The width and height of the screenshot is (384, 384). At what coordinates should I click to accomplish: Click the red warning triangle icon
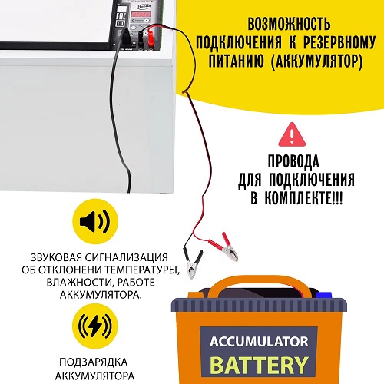click(292, 134)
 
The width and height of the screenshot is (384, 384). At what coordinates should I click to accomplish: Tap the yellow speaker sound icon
click(95, 221)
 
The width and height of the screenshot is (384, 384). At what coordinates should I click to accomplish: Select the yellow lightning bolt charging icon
click(95, 326)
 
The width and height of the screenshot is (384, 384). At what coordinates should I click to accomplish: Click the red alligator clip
click(225, 247)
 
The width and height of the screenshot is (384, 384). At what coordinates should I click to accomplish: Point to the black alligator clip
click(193, 263)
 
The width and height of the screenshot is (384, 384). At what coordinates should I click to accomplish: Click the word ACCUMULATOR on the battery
click(259, 342)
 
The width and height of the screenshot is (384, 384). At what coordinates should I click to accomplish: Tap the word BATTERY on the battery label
click(259, 365)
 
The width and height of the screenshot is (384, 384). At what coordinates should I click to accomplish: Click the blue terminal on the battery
click(324, 295)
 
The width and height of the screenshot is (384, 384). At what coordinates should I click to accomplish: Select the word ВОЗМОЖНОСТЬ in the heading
click(289, 24)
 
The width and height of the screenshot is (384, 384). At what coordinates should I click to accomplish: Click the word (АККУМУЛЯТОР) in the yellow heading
click(316, 61)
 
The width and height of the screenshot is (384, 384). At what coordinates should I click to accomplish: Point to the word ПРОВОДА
click(293, 161)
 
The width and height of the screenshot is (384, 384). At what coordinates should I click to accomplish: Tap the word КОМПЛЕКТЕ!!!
click(303, 198)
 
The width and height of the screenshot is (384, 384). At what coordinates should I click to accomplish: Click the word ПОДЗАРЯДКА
click(93, 362)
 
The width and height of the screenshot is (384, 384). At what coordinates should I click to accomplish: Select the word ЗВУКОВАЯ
click(57, 257)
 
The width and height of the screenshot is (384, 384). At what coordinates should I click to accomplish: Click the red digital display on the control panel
click(140, 14)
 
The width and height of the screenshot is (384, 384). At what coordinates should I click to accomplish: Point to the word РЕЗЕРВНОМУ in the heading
click(339, 42)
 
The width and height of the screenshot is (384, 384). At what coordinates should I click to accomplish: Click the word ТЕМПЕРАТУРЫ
click(141, 270)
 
